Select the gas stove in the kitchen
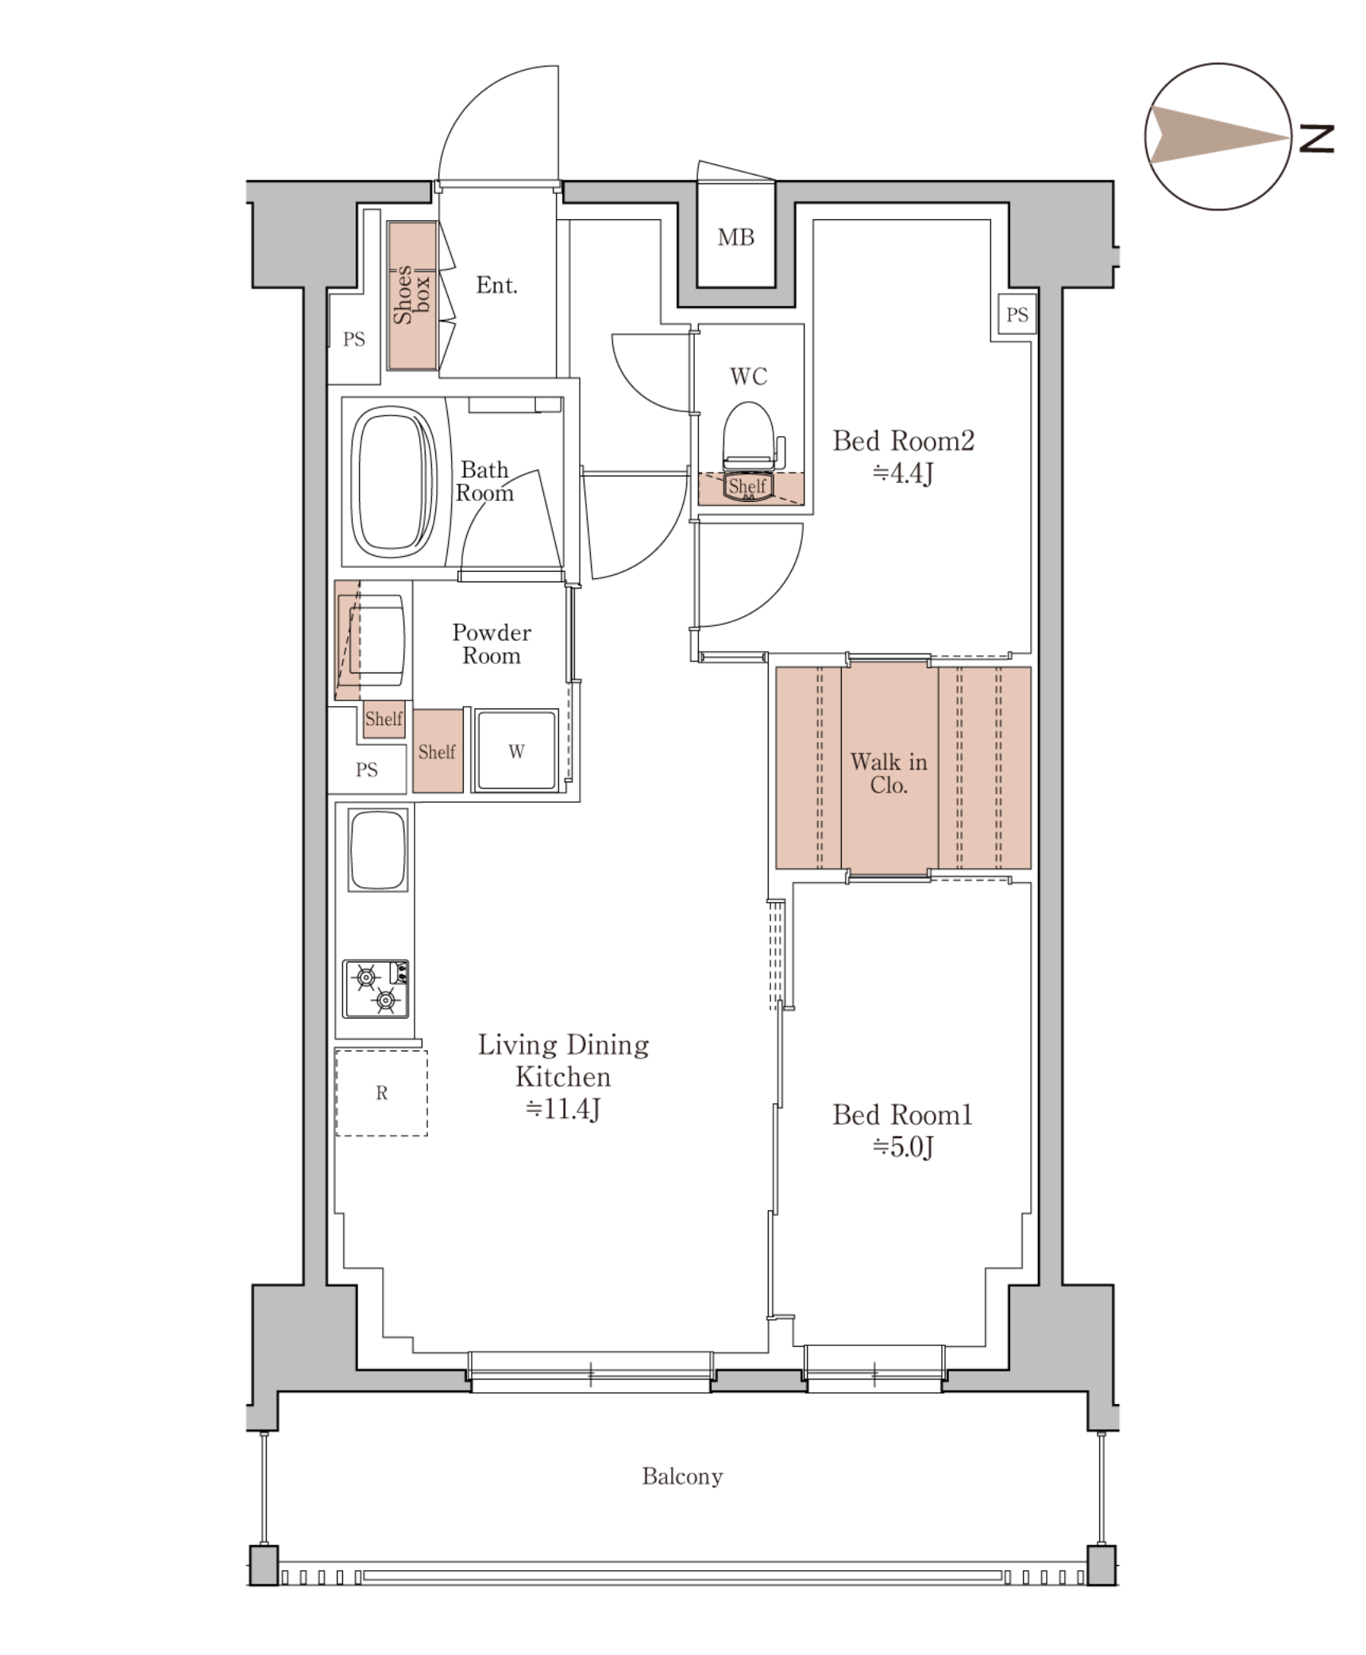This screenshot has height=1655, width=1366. pos(376,988)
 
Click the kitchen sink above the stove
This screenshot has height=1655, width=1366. pos(377,849)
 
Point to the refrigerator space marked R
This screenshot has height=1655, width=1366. pos(381,1093)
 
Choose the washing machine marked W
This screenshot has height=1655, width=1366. pos(516,750)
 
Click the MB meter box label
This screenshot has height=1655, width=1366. pos(735,237)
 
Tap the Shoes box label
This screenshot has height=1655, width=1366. pos(412,295)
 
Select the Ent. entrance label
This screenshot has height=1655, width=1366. pos(496,285)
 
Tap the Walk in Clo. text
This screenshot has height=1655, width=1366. pos(889,773)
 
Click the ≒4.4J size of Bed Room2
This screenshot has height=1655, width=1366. pos(903,474)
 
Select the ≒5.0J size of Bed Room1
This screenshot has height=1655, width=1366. pos(903,1148)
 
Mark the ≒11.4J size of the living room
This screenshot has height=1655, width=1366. pos(563,1109)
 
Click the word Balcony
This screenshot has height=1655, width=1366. pos(682,1476)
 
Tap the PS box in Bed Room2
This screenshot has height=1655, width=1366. pos(1017,315)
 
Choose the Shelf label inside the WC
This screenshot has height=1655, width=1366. pos(747,486)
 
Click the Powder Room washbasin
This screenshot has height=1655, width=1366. pos(373,640)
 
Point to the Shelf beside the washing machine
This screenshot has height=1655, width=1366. pos(438,750)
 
